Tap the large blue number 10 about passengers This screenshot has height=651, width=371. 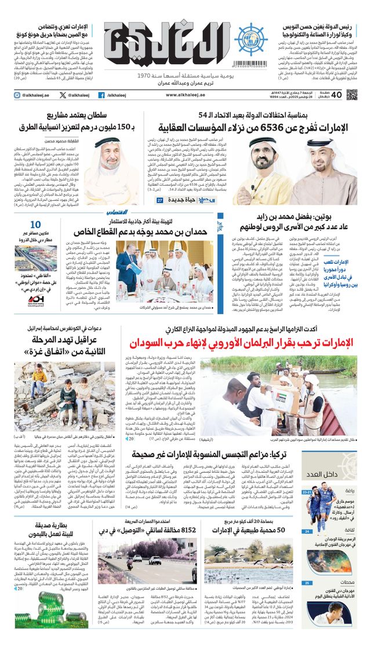[x=35, y=226]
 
